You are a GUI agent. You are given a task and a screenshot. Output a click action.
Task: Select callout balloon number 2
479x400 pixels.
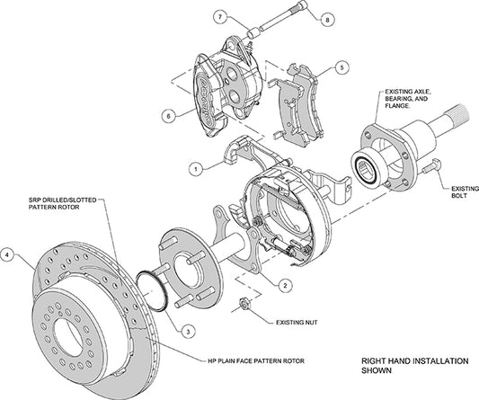coord(283,285)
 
